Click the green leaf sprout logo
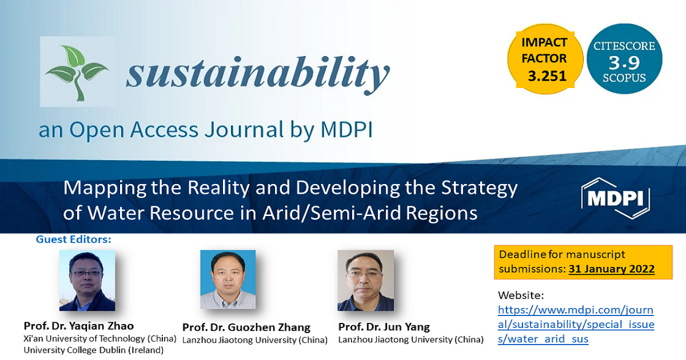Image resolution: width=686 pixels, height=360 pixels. coord(77,72)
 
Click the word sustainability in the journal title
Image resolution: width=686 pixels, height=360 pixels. coord(258,74)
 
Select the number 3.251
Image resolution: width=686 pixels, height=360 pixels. coord(547,76)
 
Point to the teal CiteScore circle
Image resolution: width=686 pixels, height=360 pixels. coord(624,59)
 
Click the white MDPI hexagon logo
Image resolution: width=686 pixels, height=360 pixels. coord(615,198)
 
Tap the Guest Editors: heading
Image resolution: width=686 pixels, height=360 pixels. coord(74,239)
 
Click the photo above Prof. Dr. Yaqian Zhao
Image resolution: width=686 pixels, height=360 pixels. coord(87,281)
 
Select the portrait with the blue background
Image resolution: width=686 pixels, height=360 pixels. coord(228,279)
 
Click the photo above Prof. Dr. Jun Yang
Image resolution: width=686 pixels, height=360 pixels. coord(366,281)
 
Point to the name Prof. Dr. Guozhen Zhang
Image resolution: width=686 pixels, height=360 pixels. coord(246,327)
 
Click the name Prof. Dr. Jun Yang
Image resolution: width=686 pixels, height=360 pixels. coord(384,327)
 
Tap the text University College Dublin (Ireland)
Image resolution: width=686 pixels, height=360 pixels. coord(94,350)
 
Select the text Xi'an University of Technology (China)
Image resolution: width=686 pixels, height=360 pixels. coord(100,338)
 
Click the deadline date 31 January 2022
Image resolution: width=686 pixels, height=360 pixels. coord(612,269)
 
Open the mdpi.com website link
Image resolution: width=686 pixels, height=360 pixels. coord(576,325)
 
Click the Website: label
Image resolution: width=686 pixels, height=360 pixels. coord(521,295)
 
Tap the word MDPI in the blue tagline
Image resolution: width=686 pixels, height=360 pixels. coord(346,130)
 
